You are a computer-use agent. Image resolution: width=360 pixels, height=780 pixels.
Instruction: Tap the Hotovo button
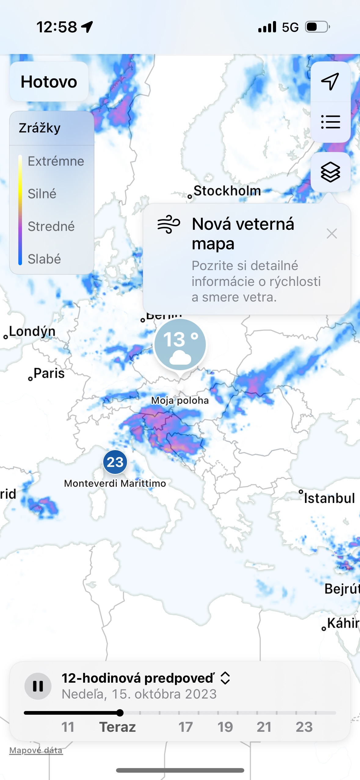[49, 82]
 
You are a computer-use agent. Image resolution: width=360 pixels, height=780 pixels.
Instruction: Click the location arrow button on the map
[330, 81]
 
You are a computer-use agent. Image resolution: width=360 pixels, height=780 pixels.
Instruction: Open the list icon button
[330, 122]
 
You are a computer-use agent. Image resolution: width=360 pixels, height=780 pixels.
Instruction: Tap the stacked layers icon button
[330, 172]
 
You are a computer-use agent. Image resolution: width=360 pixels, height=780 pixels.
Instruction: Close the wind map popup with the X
[332, 234]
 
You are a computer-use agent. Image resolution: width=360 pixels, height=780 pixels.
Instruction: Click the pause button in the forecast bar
[38, 686]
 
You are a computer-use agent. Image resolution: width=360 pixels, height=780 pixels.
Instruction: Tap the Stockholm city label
[227, 191]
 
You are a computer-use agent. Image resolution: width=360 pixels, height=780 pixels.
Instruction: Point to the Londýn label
[32, 331]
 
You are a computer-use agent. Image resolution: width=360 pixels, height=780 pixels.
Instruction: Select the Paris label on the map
[49, 373]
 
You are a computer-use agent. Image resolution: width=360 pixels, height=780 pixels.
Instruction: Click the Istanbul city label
[329, 498]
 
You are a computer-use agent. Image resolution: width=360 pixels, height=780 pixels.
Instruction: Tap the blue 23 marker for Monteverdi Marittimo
[115, 462]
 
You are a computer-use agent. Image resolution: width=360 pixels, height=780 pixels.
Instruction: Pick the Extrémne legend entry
[56, 161]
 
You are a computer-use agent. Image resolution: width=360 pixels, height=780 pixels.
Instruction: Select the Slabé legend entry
[44, 259]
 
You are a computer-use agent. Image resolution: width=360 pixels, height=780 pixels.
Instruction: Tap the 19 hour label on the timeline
[225, 727]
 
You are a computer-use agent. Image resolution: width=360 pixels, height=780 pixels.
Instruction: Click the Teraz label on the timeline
[118, 727]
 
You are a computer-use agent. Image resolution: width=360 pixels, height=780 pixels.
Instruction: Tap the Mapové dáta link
[36, 750]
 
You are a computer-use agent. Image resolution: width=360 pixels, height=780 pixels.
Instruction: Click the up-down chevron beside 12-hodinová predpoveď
[225, 678]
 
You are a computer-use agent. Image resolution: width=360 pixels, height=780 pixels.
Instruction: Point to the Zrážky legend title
[40, 128]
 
